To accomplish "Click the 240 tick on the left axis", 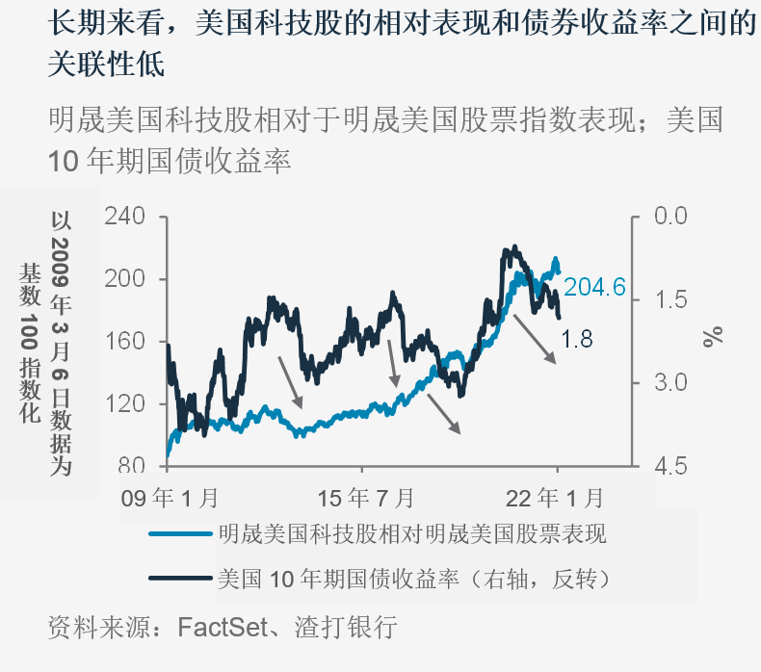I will pyautogui.click(x=124, y=217).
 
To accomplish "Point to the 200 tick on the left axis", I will pyautogui.click(x=124, y=279).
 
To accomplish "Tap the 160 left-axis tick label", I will pyautogui.click(x=124, y=342).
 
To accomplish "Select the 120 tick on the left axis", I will pyautogui.click(x=124, y=404).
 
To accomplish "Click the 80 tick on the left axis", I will pyautogui.click(x=132, y=466).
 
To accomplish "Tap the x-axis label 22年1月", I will pyautogui.click(x=556, y=498).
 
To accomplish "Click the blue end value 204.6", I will pyautogui.click(x=595, y=287).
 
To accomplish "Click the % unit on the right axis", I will pyautogui.click(x=712, y=336).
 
